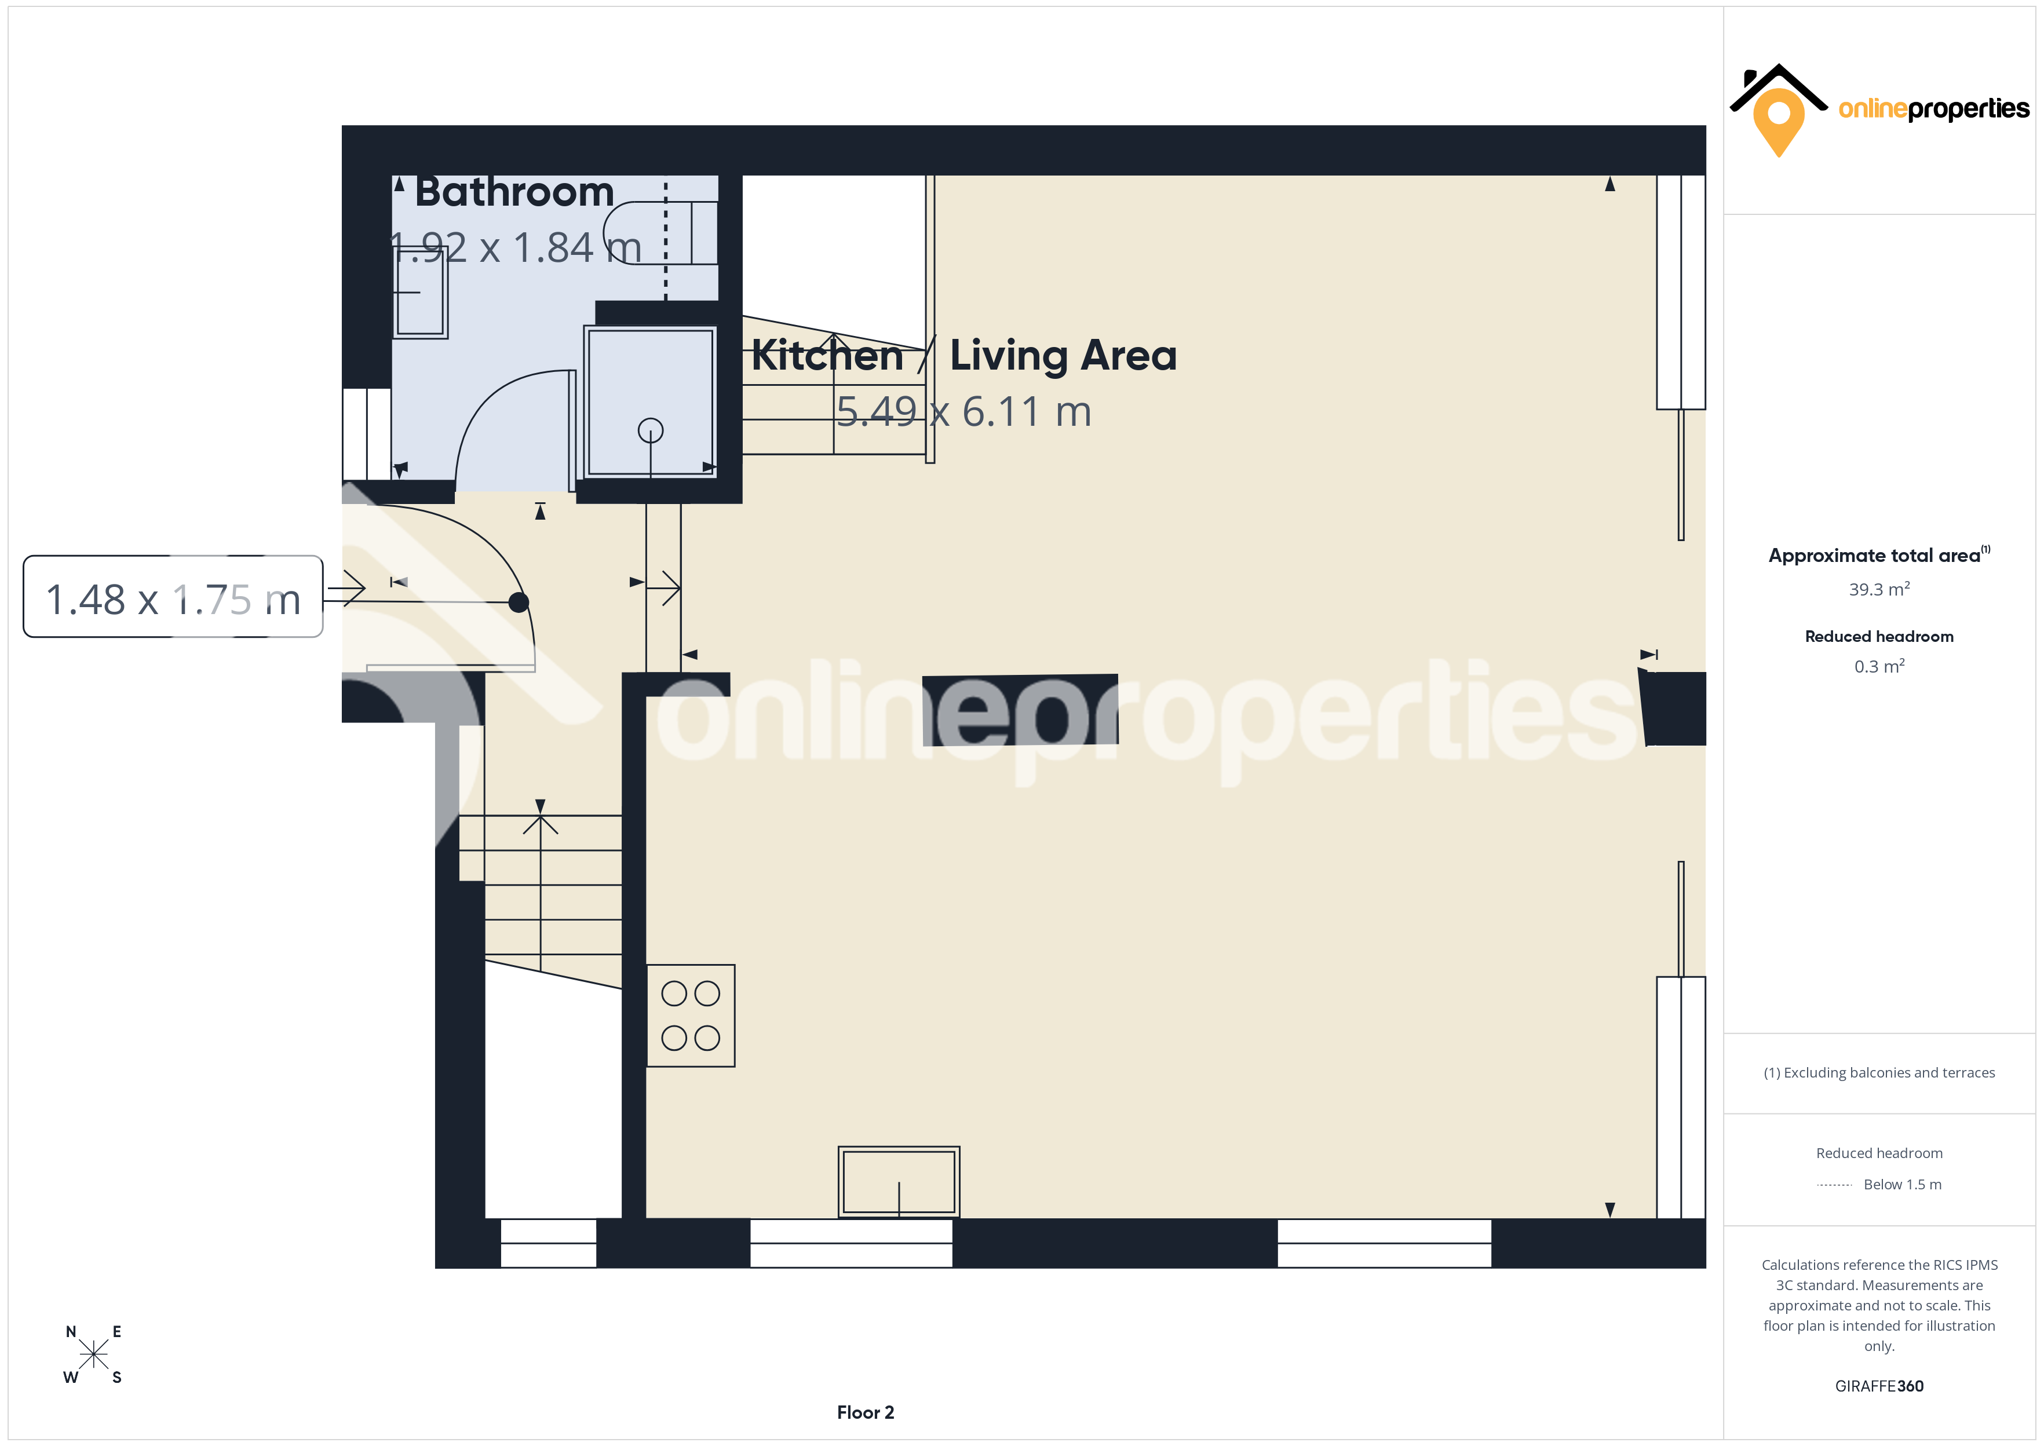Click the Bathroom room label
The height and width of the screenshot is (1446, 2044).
tap(514, 192)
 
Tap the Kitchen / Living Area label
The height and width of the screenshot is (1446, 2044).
tap(964, 355)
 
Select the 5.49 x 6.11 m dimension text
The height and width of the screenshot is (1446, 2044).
tap(964, 411)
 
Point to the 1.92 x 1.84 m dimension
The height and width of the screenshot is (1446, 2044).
tap(516, 247)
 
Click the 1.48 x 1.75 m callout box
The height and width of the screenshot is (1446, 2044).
tap(173, 597)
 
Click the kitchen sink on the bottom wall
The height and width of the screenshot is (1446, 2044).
tap(899, 1182)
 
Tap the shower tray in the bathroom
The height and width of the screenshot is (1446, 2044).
tap(651, 401)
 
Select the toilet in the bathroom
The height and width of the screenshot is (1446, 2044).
tap(660, 233)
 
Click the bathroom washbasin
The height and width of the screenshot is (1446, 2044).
tap(420, 292)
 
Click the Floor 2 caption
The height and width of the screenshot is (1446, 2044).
tap(866, 1412)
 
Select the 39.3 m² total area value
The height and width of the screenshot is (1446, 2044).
tap(1879, 589)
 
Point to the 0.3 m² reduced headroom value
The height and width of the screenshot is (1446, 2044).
tap(1879, 666)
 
